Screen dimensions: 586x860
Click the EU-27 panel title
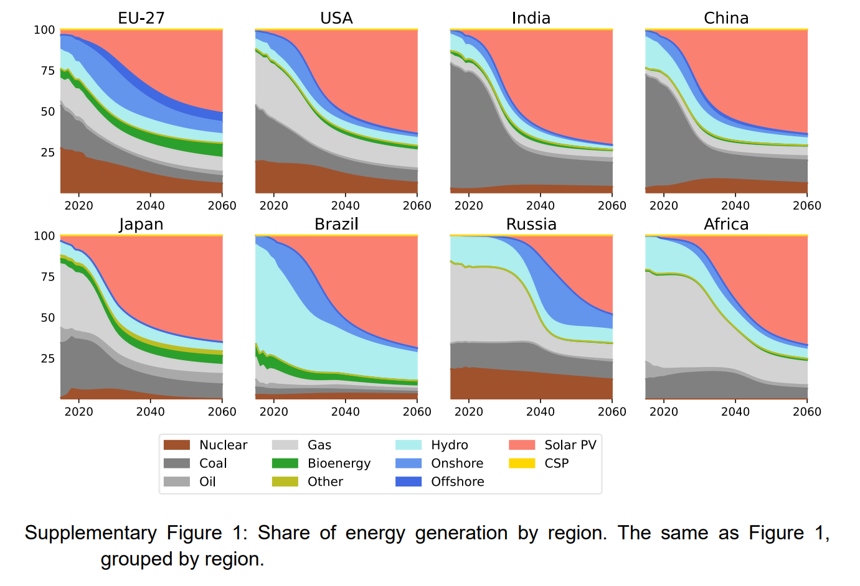141,18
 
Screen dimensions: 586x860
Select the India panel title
531,18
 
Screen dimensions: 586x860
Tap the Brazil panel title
336,224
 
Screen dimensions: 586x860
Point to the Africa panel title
726,224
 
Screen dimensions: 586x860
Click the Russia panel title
531,224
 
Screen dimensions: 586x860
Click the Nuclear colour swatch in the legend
176,445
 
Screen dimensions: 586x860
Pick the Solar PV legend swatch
522,445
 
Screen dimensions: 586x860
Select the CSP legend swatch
522,463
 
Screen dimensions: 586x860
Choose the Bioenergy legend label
339,463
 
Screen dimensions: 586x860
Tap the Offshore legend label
457,481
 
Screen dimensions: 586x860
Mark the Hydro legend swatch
409,445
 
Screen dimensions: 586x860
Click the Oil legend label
207,481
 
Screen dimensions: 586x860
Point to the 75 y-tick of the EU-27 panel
48,71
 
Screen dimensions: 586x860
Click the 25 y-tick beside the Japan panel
48,358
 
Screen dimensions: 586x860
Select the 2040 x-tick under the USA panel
345,206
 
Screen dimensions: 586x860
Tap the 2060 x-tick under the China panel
806,206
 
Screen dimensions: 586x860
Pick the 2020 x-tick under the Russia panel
468,412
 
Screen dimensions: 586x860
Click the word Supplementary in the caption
90,533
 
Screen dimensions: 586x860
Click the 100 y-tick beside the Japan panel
44,236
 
